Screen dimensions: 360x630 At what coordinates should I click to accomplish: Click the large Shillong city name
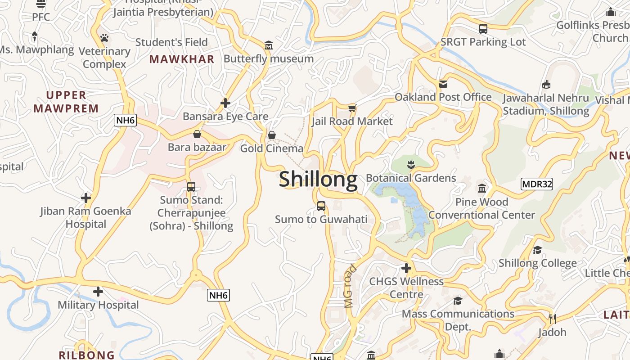[318, 180]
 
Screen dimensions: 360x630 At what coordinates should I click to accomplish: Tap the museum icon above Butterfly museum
[269, 45]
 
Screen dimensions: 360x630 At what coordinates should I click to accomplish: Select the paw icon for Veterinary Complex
[104, 38]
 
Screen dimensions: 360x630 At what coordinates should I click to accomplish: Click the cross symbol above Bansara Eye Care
[225, 103]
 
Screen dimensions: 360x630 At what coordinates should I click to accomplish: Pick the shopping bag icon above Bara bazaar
[197, 134]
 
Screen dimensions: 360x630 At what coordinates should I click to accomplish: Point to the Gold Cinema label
[272, 148]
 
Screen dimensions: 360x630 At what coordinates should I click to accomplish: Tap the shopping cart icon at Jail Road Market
[352, 108]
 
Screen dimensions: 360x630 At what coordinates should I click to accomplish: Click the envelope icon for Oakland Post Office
[443, 84]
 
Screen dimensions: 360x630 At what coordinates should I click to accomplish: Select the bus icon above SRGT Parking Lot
[483, 29]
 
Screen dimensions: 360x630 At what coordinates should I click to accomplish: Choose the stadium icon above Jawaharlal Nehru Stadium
[546, 84]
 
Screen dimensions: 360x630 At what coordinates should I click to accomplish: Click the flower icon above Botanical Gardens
[411, 164]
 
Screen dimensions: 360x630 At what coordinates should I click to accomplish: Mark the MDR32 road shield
[536, 184]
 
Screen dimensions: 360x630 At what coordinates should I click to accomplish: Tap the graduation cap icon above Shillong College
[537, 250]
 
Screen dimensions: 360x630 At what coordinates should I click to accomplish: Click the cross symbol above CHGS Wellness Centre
[406, 269]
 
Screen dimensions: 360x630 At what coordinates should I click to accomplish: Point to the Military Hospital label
[98, 305]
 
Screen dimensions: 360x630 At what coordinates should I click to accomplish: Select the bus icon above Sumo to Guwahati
[321, 206]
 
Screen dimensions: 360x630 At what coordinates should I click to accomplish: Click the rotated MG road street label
[350, 286]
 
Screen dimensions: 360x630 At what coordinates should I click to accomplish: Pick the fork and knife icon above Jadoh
[553, 319]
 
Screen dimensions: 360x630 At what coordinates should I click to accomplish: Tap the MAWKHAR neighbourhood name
[182, 59]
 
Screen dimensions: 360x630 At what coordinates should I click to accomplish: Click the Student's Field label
[171, 42]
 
